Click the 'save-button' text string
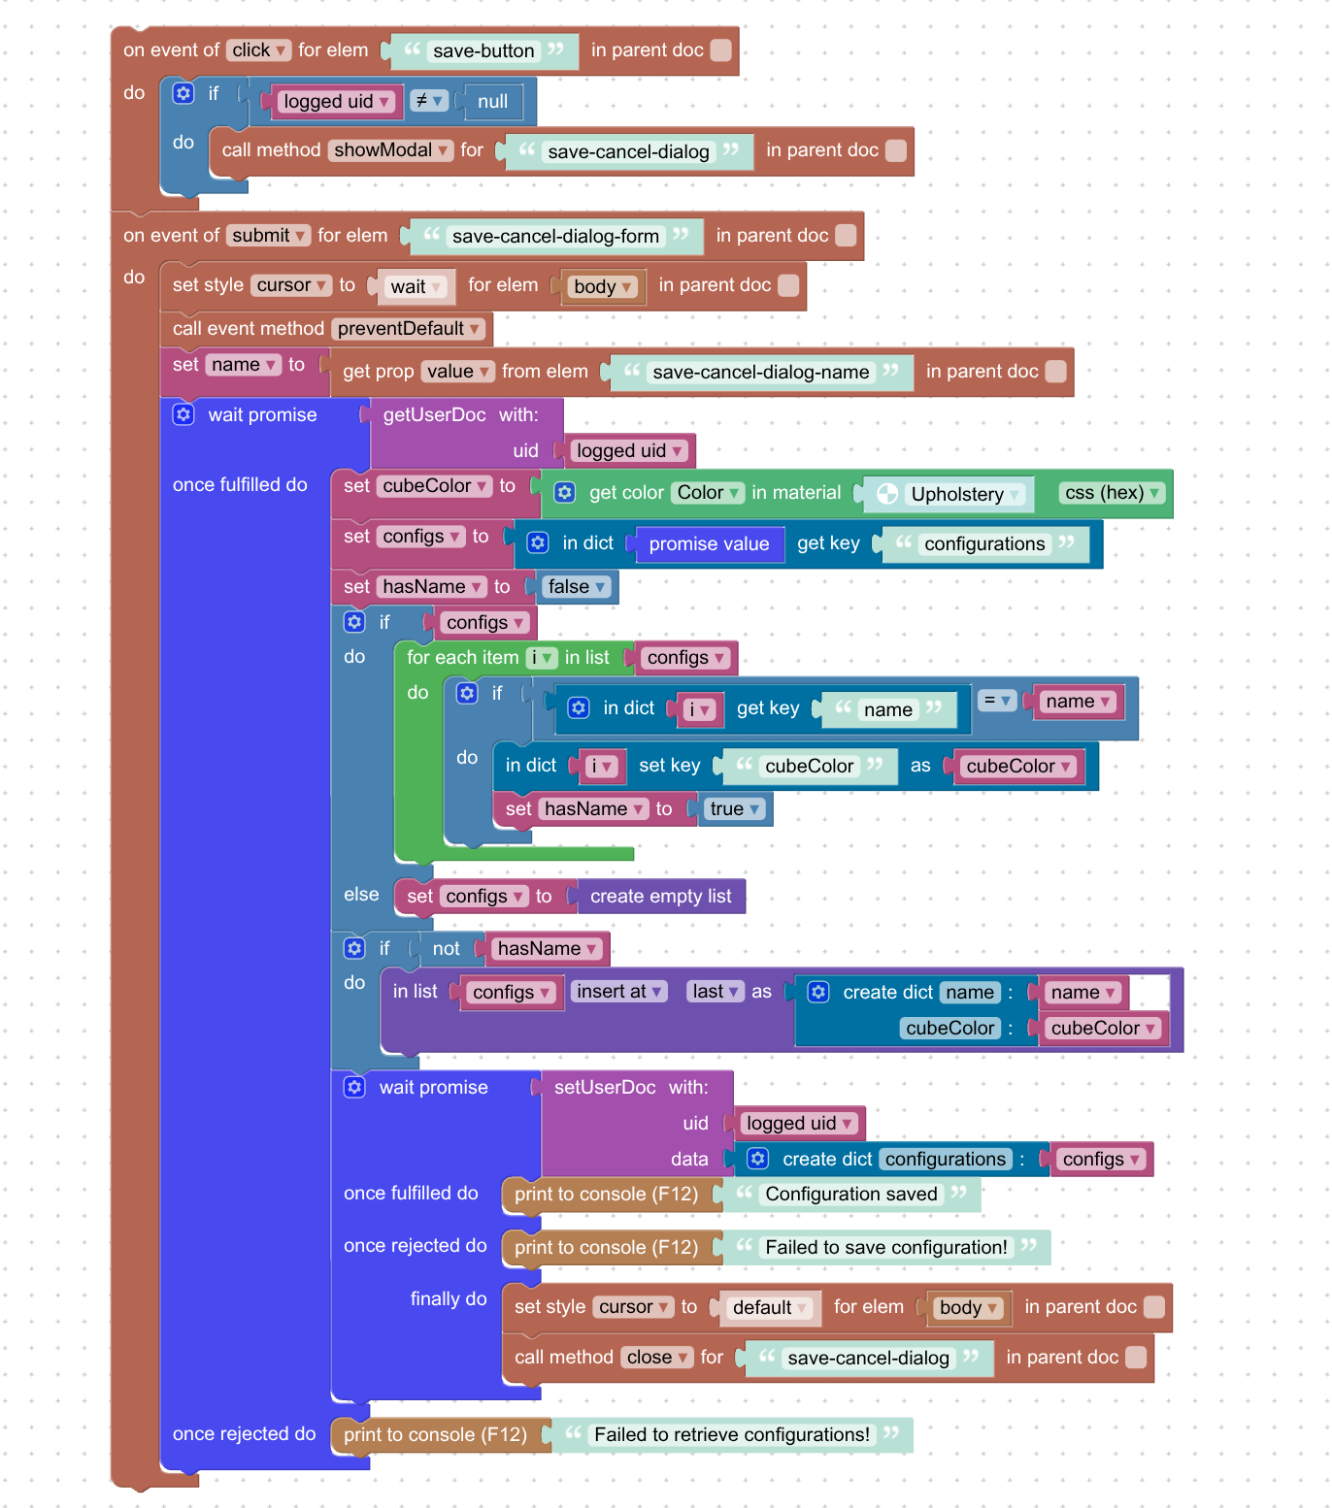(483, 50)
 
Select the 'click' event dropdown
(258, 49)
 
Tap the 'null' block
(493, 101)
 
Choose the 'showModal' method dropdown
(391, 149)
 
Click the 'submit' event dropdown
(268, 235)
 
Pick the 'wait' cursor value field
(415, 286)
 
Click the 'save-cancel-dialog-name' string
(761, 372)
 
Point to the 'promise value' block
(709, 543)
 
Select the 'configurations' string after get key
(984, 543)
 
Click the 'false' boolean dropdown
(576, 586)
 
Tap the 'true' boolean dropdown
(734, 808)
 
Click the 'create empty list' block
(660, 896)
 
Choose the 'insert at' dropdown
(618, 991)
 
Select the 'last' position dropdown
(715, 991)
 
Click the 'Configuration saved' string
(851, 1194)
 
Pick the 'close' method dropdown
(657, 1357)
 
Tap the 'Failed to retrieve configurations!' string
(732, 1434)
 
